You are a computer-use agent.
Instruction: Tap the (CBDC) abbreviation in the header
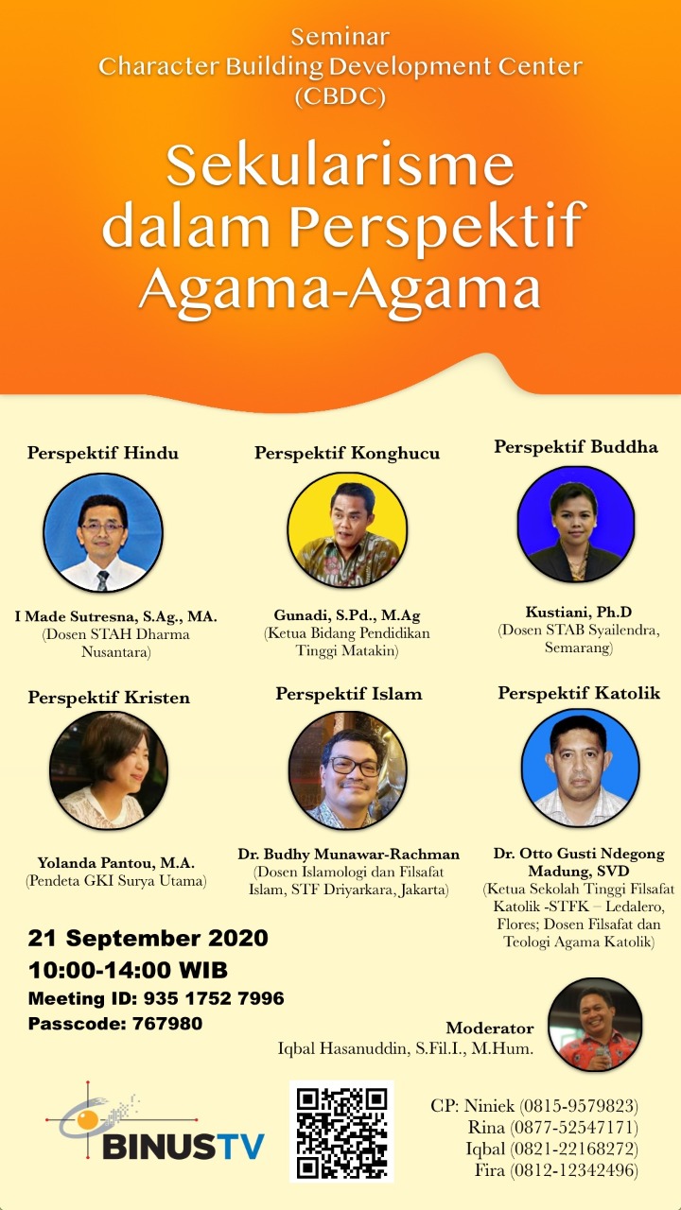point(340,96)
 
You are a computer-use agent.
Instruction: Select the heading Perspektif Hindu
point(103,453)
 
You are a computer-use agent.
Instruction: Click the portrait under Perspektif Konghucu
point(347,530)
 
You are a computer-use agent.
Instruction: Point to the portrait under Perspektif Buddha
point(576,523)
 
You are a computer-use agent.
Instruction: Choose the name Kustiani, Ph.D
point(579,612)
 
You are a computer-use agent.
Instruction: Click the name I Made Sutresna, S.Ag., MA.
point(115,616)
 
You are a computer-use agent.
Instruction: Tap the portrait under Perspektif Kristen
point(109,770)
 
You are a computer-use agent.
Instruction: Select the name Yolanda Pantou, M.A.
point(115,863)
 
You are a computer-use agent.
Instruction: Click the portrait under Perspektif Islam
point(347,769)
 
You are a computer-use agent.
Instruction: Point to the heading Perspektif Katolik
point(579,693)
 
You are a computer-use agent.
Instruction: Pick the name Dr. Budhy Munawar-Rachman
point(349,854)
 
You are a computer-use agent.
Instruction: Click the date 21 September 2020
point(148,939)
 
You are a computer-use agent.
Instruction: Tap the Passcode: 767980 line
point(115,1023)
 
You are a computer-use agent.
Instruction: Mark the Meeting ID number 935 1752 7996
point(214,997)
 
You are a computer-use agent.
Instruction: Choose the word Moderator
point(490,1028)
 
